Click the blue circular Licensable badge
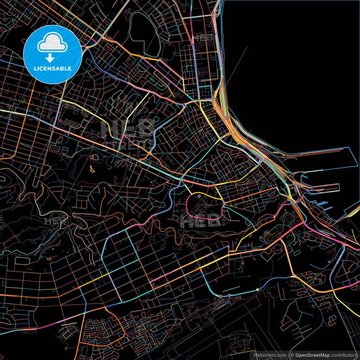[x=53, y=55]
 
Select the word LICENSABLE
[x=53, y=69]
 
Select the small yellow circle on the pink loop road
[x=200, y=195]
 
